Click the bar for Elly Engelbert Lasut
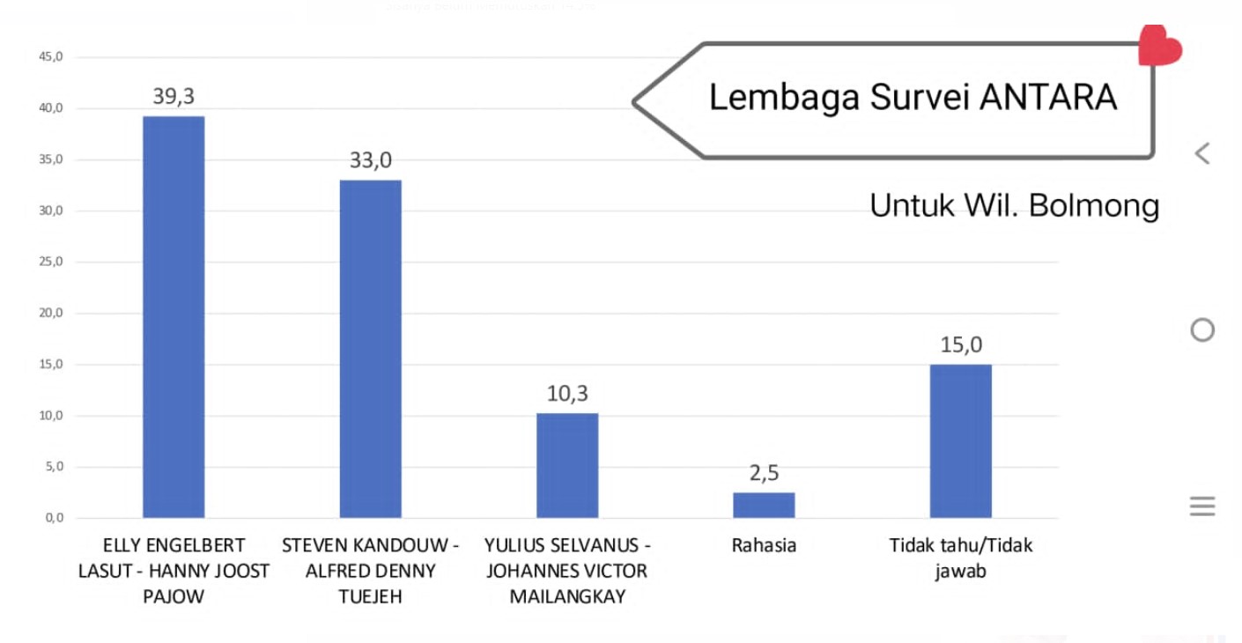174,317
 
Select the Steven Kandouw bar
370,349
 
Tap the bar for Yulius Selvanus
567,465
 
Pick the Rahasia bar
764,505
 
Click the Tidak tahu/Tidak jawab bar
960,440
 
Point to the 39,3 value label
174,97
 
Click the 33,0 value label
371,161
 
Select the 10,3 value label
567,394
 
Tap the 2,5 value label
764,473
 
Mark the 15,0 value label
960,344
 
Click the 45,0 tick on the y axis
51,57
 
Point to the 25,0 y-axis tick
51,262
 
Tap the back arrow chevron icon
1202,153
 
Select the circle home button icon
1202,330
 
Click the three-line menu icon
1202,506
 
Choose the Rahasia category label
764,545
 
